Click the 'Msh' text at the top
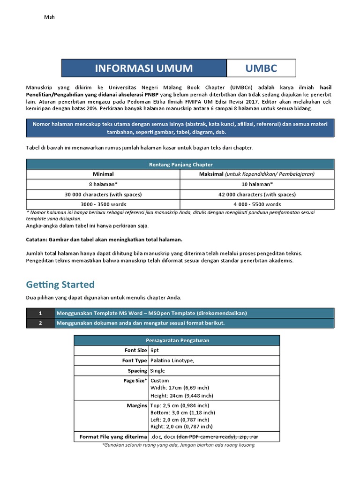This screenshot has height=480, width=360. [49, 17]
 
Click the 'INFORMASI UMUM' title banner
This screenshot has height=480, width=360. [144, 68]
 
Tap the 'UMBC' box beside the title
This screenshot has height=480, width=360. [261, 68]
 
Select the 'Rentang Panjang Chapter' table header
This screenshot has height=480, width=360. [180, 164]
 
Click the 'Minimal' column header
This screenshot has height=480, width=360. [104, 174]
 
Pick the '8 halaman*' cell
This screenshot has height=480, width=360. [104, 184]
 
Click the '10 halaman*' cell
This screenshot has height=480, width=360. [257, 184]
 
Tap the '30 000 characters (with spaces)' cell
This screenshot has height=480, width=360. [104, 194]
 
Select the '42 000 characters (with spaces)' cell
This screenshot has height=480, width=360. [257, 194]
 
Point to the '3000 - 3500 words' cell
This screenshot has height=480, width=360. [104, 204]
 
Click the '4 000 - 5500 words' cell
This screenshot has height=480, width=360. [257, 204]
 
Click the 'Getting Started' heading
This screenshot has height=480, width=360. [60, 285]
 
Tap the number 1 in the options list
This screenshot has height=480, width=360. [40, 313]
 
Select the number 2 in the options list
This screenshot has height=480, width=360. [40, 323]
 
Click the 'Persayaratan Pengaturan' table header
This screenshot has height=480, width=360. [177, 340]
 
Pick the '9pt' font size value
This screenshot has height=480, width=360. [155, 350]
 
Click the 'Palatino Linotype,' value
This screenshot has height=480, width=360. [172, 360]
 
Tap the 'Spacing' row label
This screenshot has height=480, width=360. [137, 371]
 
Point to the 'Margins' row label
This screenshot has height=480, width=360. [136, 405]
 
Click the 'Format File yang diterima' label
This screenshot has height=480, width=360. [113, 437]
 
